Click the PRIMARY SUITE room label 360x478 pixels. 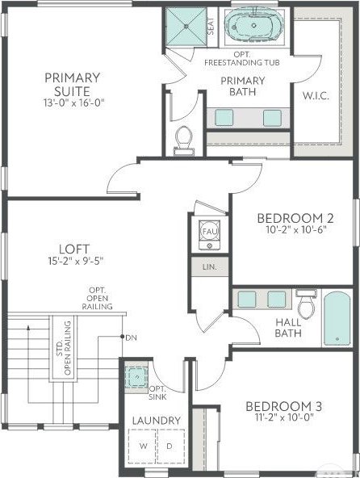pyautogui.click(x=73, y=85)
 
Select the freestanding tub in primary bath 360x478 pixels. pyautogui.click(x=254, y=25)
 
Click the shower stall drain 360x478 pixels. pyautogui.click(x=186, y=27)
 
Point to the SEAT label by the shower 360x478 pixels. pyautogui.click(x=211, y=26)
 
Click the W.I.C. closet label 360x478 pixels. pyautogui.click(x=316, y=96)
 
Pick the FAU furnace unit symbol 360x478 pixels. pyautogui.click(x=209, y=235)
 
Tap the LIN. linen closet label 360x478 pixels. pyautogui.click(x=210, y=267)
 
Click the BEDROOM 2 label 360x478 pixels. pyautogui.click(x=295, y=218)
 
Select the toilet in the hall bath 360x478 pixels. pyautogui.click(x=307, y=304)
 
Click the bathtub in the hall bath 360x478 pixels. pyautogui.click(x=337, y=319)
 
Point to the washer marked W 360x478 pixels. pyautogui.click(x=143, y=447)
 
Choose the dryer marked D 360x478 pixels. pyautogui.click(x=170, y=447)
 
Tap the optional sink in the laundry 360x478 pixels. pyautogui.click(x=137, y=377)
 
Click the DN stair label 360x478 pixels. pyautogui.click(x=131, y=338)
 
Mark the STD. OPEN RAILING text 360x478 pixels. pyautogui.click(x=64, y=348)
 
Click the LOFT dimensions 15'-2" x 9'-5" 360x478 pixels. pyautogui.click(x=76, y=261)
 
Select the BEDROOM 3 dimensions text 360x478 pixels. pyautogui.click(x=284, y=417)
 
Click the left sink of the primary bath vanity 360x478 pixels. pyautogui.click(x=224, y=118)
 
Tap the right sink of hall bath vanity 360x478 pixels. pyautogui.click(x=277, y=300)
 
